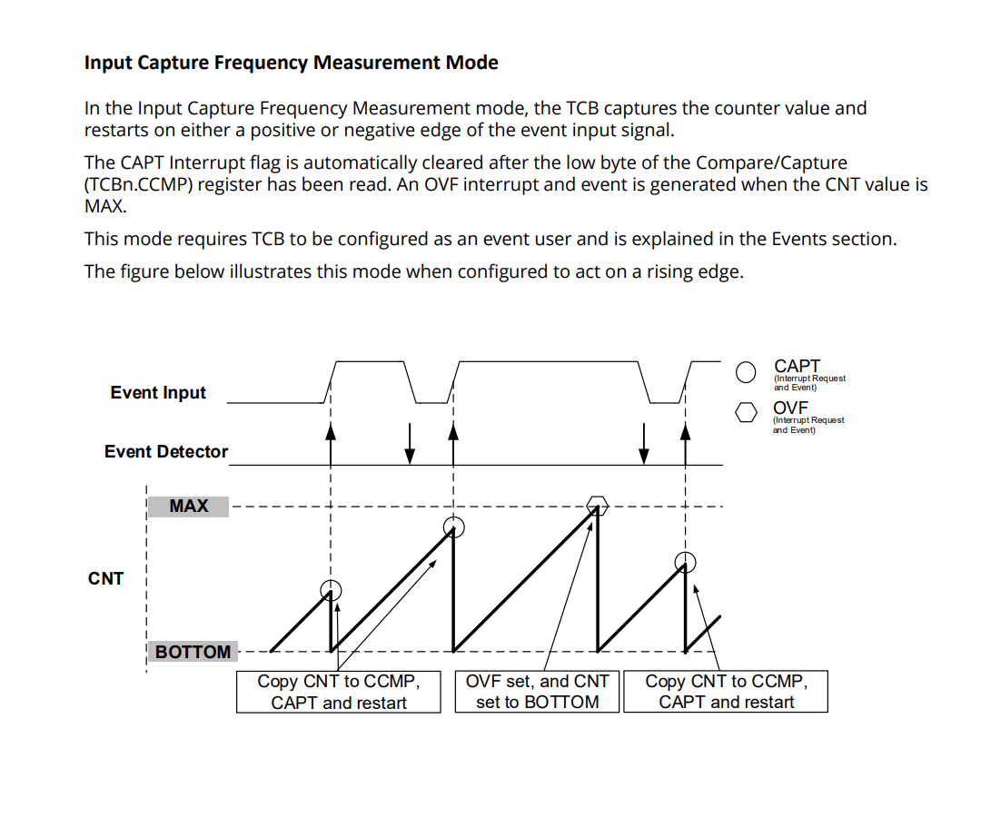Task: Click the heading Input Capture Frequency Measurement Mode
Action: click(291, 63)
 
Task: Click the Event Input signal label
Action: click(158, 392)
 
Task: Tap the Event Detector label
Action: click(166, 451)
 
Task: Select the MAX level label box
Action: click(188, 506)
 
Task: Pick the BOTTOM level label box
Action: click(193, 652)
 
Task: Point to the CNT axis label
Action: click(105, 578)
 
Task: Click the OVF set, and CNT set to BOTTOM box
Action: click(537, 692)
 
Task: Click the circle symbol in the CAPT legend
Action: click(747, 372)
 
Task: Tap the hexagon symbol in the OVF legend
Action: click(747, 413)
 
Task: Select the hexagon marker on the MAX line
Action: click(597, 504)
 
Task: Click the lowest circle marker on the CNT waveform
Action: click(332, 590)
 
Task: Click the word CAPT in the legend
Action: click(797, 366)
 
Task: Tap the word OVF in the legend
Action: click(790, 408)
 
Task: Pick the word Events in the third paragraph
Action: click(802, 239)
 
